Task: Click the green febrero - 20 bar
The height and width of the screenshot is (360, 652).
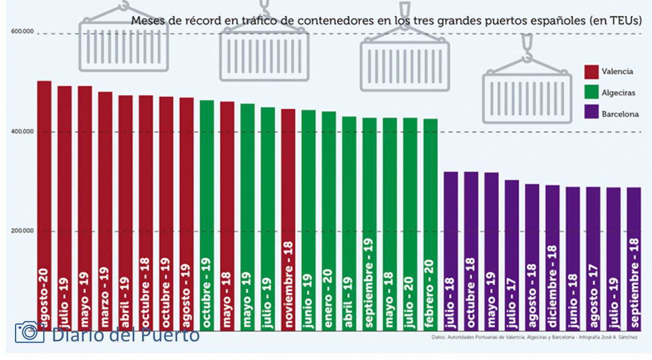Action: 430,222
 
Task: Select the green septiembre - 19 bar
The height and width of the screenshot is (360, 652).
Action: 369,222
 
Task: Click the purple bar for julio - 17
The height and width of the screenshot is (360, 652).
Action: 512,253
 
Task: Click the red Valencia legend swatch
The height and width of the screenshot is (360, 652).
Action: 591,72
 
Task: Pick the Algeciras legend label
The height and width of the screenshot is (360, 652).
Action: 618,93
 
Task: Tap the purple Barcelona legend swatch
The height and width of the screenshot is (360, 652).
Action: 591,114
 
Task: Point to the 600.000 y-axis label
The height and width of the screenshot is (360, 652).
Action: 22,32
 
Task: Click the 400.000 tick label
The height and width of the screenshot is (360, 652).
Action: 22,131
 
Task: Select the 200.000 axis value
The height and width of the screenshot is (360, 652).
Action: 22,230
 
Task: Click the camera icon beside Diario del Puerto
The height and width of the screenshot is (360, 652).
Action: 29,332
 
